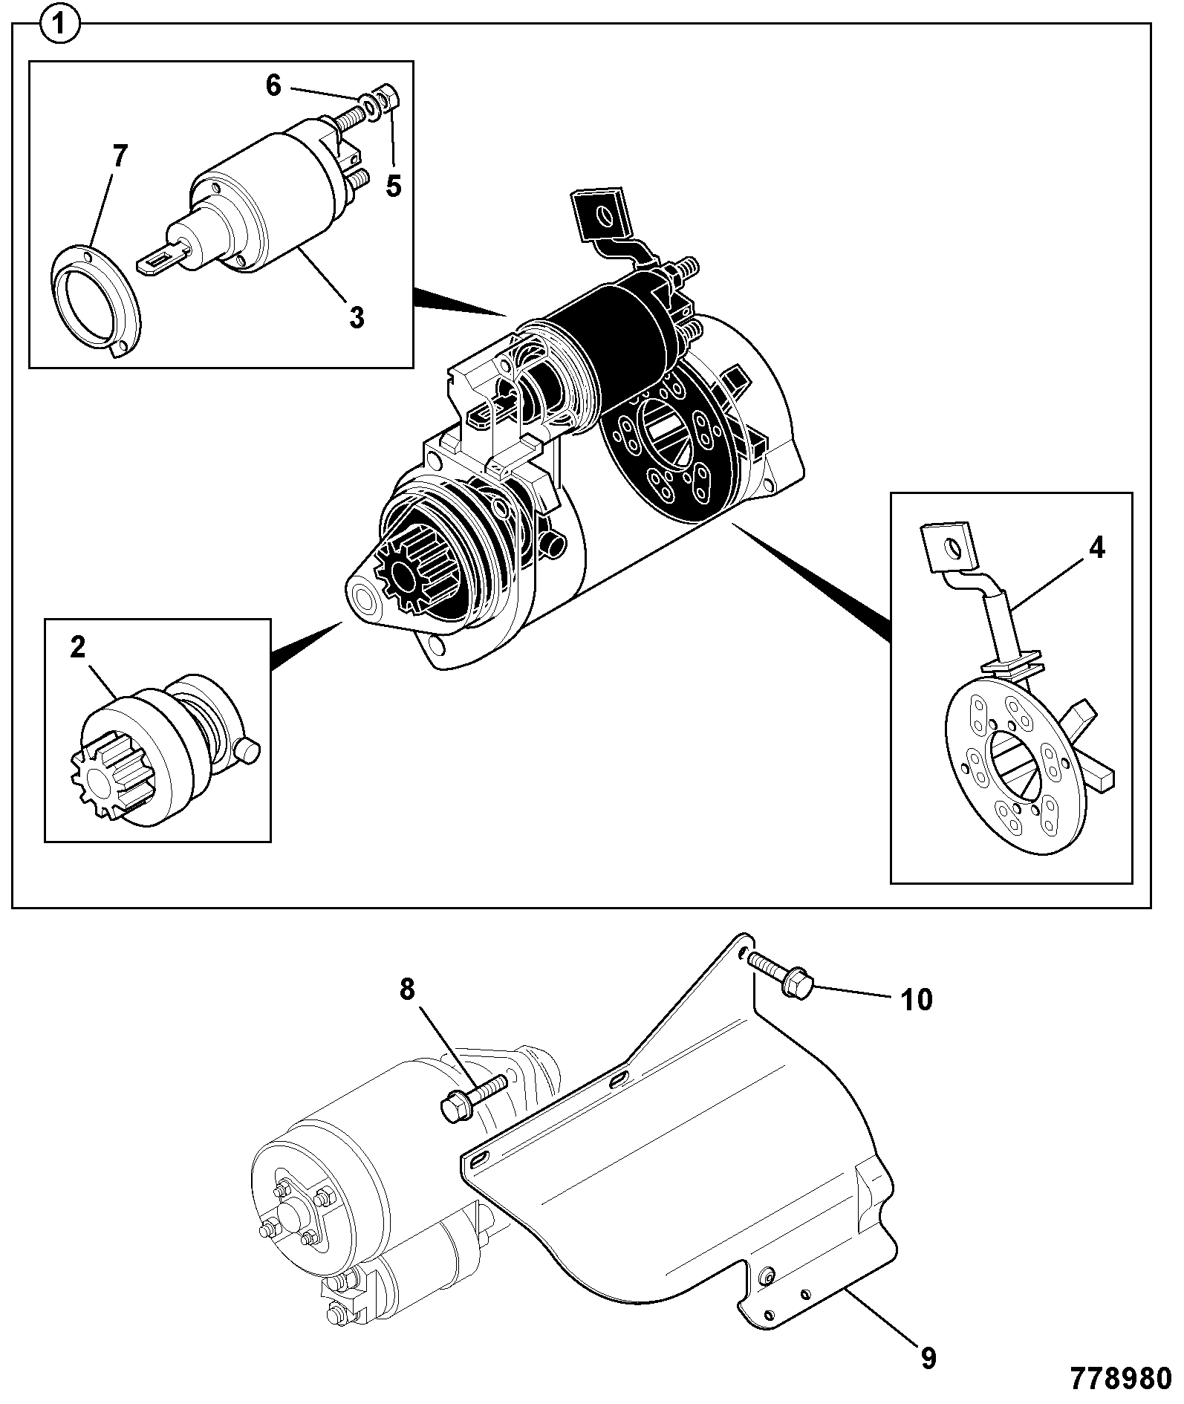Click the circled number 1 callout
pyautogui.click(x=60, y=26)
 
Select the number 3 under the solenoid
pyautogui.click(x=357, y=317)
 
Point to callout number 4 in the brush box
pyautogui.click(x=1096, y=548)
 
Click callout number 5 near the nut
pyautogui.click(x=393, y=186)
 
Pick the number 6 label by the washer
pyautogui.click(x=273, y=85)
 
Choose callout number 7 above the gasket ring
pyautogui.click(x=120, y=157)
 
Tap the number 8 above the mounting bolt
pyautogui.click(x=406, y=989)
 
